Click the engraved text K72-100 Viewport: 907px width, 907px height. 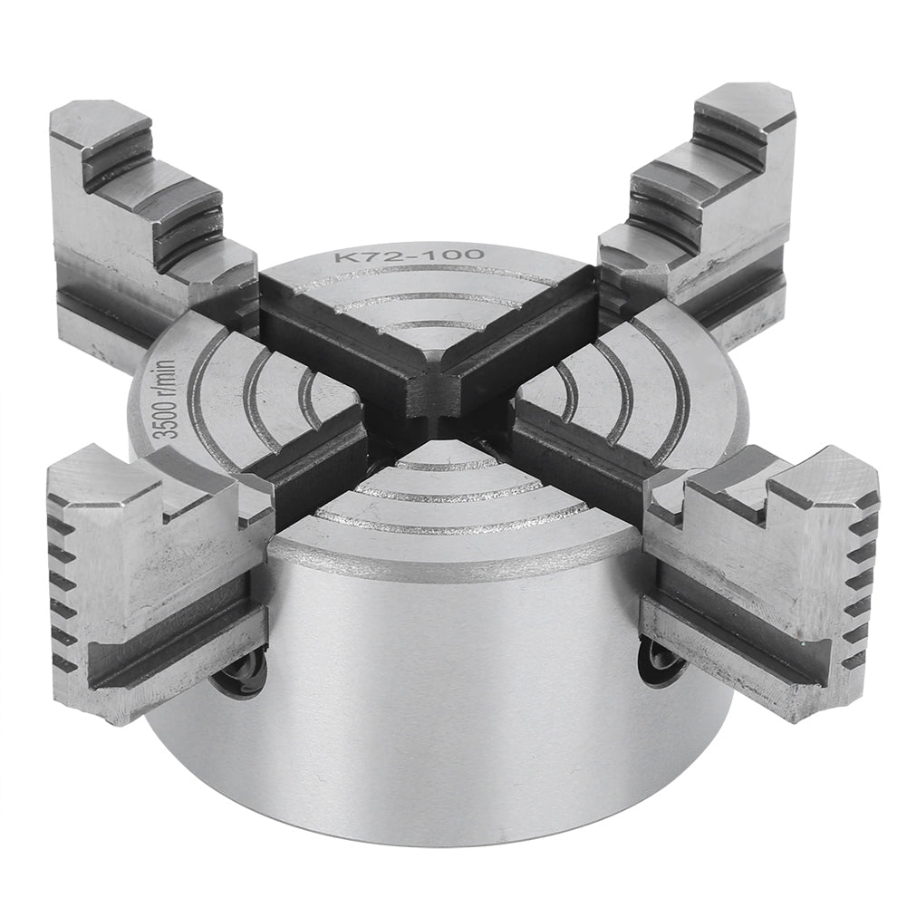point(410,258)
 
